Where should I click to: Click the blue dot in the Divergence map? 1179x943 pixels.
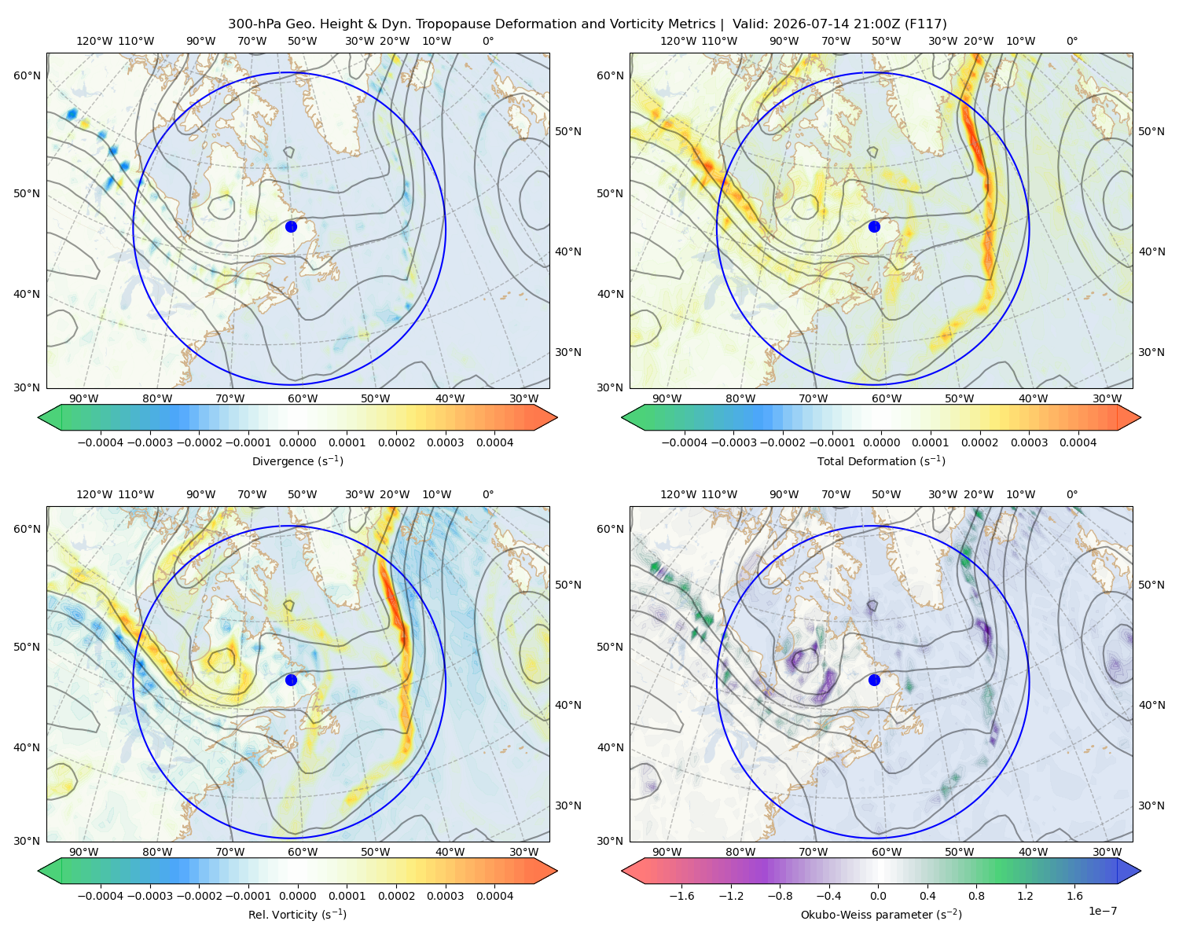click(x=291, y=226)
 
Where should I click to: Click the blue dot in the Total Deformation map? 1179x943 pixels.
click(x=874, y=226)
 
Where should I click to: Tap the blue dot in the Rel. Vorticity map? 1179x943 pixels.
click(x=291, y=680)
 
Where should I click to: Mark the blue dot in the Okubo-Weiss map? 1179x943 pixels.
click(x=874, y=680)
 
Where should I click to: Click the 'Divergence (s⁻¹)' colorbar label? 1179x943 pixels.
click(x=297, y=460)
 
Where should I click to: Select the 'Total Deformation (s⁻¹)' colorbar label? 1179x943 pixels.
click(x=881, y=460)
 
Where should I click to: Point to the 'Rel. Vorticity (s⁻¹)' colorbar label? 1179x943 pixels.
click(x=297, y=914)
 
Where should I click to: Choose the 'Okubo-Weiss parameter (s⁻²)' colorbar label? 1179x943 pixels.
click(x=881, y=914)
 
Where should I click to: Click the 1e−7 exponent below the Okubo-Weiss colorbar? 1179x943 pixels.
click(x=1102, y=911)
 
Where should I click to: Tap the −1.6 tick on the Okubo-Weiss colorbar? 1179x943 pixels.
click(x=681, y=895)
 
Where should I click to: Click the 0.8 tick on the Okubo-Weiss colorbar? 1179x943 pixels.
click(x=976, y=895)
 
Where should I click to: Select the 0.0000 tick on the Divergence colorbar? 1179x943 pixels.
click(x=297, y=442)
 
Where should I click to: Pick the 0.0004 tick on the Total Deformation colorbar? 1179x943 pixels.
click(x=1078, y=442)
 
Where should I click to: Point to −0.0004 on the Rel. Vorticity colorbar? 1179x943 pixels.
click(x=101, y=895)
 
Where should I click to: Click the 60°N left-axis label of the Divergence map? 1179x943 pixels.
click(x=27, y=75)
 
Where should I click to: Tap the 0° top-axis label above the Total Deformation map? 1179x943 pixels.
click(x=1071, y=41)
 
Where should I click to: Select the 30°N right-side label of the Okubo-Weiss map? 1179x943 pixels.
click(x=1151, y=805)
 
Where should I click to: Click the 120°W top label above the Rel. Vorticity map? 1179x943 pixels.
click(x=94, y=494)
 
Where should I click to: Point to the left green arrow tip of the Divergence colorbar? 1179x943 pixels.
click(x=39, y=417)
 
